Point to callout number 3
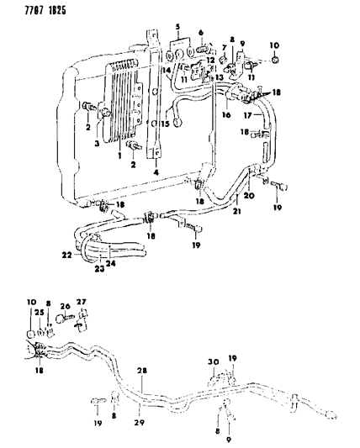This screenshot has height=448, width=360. [x=98, y=144]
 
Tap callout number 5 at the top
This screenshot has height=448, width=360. [x=177, y=28]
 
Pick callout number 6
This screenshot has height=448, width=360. [x=201, y=32]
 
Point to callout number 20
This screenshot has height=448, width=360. [x=250, y=197]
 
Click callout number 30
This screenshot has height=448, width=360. [x=214, y=362]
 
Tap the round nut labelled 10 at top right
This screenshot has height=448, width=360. [x=278, y=61]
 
